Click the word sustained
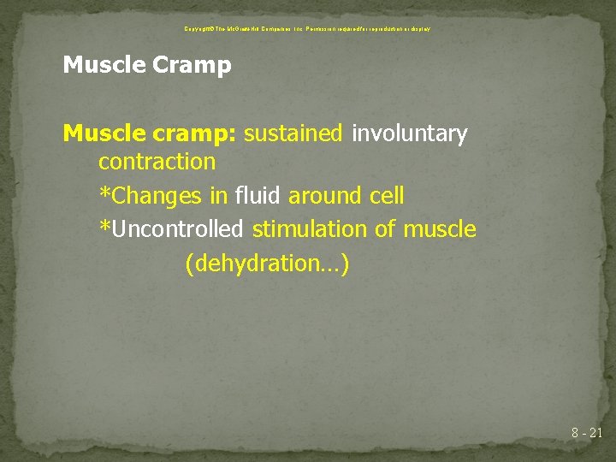pyautogui.click(x=293, y=133)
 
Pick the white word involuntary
pyautogui.click(x=410, y=134)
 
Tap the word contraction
pyautogui.click(x=157, y=162)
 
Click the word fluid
pyautogui.click(x=258, y=196)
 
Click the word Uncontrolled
pyautogui.click(x=176, y=229)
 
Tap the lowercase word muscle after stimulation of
pyautogui.click(x=439, y=229)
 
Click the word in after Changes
pyautogui.click(x=218, y=196)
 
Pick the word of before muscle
pyautogui.click(x=388, y=229)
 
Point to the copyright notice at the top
pyautogui.click(x=307, y=28)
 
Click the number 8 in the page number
pyautogui.click(x=576, y=434)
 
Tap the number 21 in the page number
pyautogui.click(x=595, y=434)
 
